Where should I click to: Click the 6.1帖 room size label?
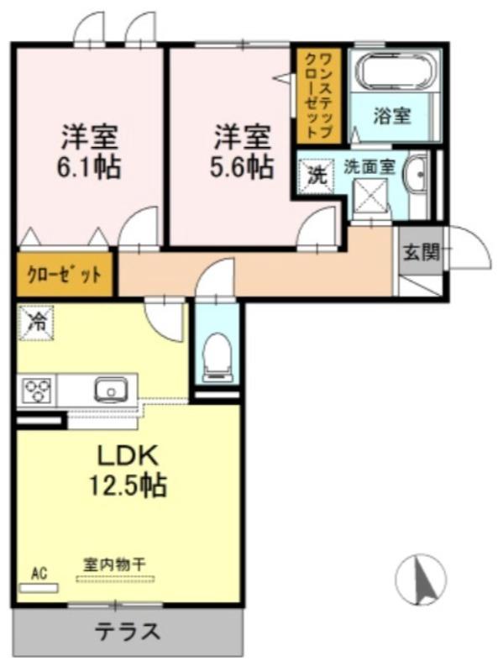click(89, 165)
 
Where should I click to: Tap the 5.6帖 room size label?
click(242, 165)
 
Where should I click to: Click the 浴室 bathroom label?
click(392, 116)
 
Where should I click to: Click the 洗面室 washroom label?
click(369, 165)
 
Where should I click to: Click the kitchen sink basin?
click(110, 391)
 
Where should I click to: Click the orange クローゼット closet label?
click(65, 275)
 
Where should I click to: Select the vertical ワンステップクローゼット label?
click(317, 95)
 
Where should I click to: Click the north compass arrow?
click(420, 579)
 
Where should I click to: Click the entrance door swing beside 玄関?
click(468, 249)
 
